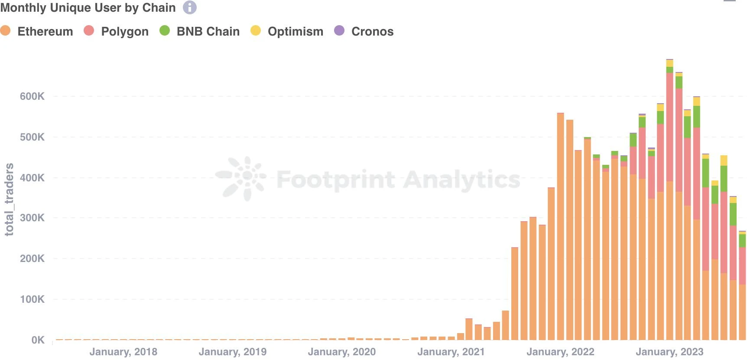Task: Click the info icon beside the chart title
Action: (189, 7)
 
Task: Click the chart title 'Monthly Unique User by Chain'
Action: (88, 8)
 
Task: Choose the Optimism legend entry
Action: (287, 31)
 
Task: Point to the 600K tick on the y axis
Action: (32, 96)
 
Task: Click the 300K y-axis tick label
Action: (32, 218)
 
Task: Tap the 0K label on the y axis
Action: (38, 340)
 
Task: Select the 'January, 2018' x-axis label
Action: (123, 352)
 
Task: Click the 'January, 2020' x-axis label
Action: (342, 352)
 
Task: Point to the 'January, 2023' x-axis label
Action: (669, 352)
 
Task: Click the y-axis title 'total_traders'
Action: (9, 200)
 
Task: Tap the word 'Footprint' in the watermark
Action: (336, 180)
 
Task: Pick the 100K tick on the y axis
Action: (32, 299)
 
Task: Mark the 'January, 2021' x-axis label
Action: (451, 352)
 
